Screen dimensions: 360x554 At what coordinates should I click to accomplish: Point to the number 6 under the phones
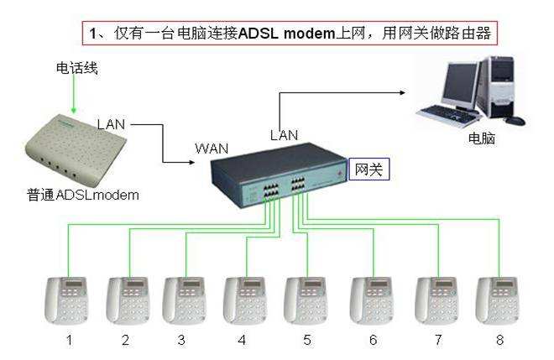pos(373,340)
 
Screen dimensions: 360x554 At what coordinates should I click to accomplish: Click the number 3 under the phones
pos(180,340)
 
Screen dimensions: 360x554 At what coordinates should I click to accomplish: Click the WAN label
pos(212,149)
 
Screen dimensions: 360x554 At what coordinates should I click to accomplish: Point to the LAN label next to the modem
pos(111,124)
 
